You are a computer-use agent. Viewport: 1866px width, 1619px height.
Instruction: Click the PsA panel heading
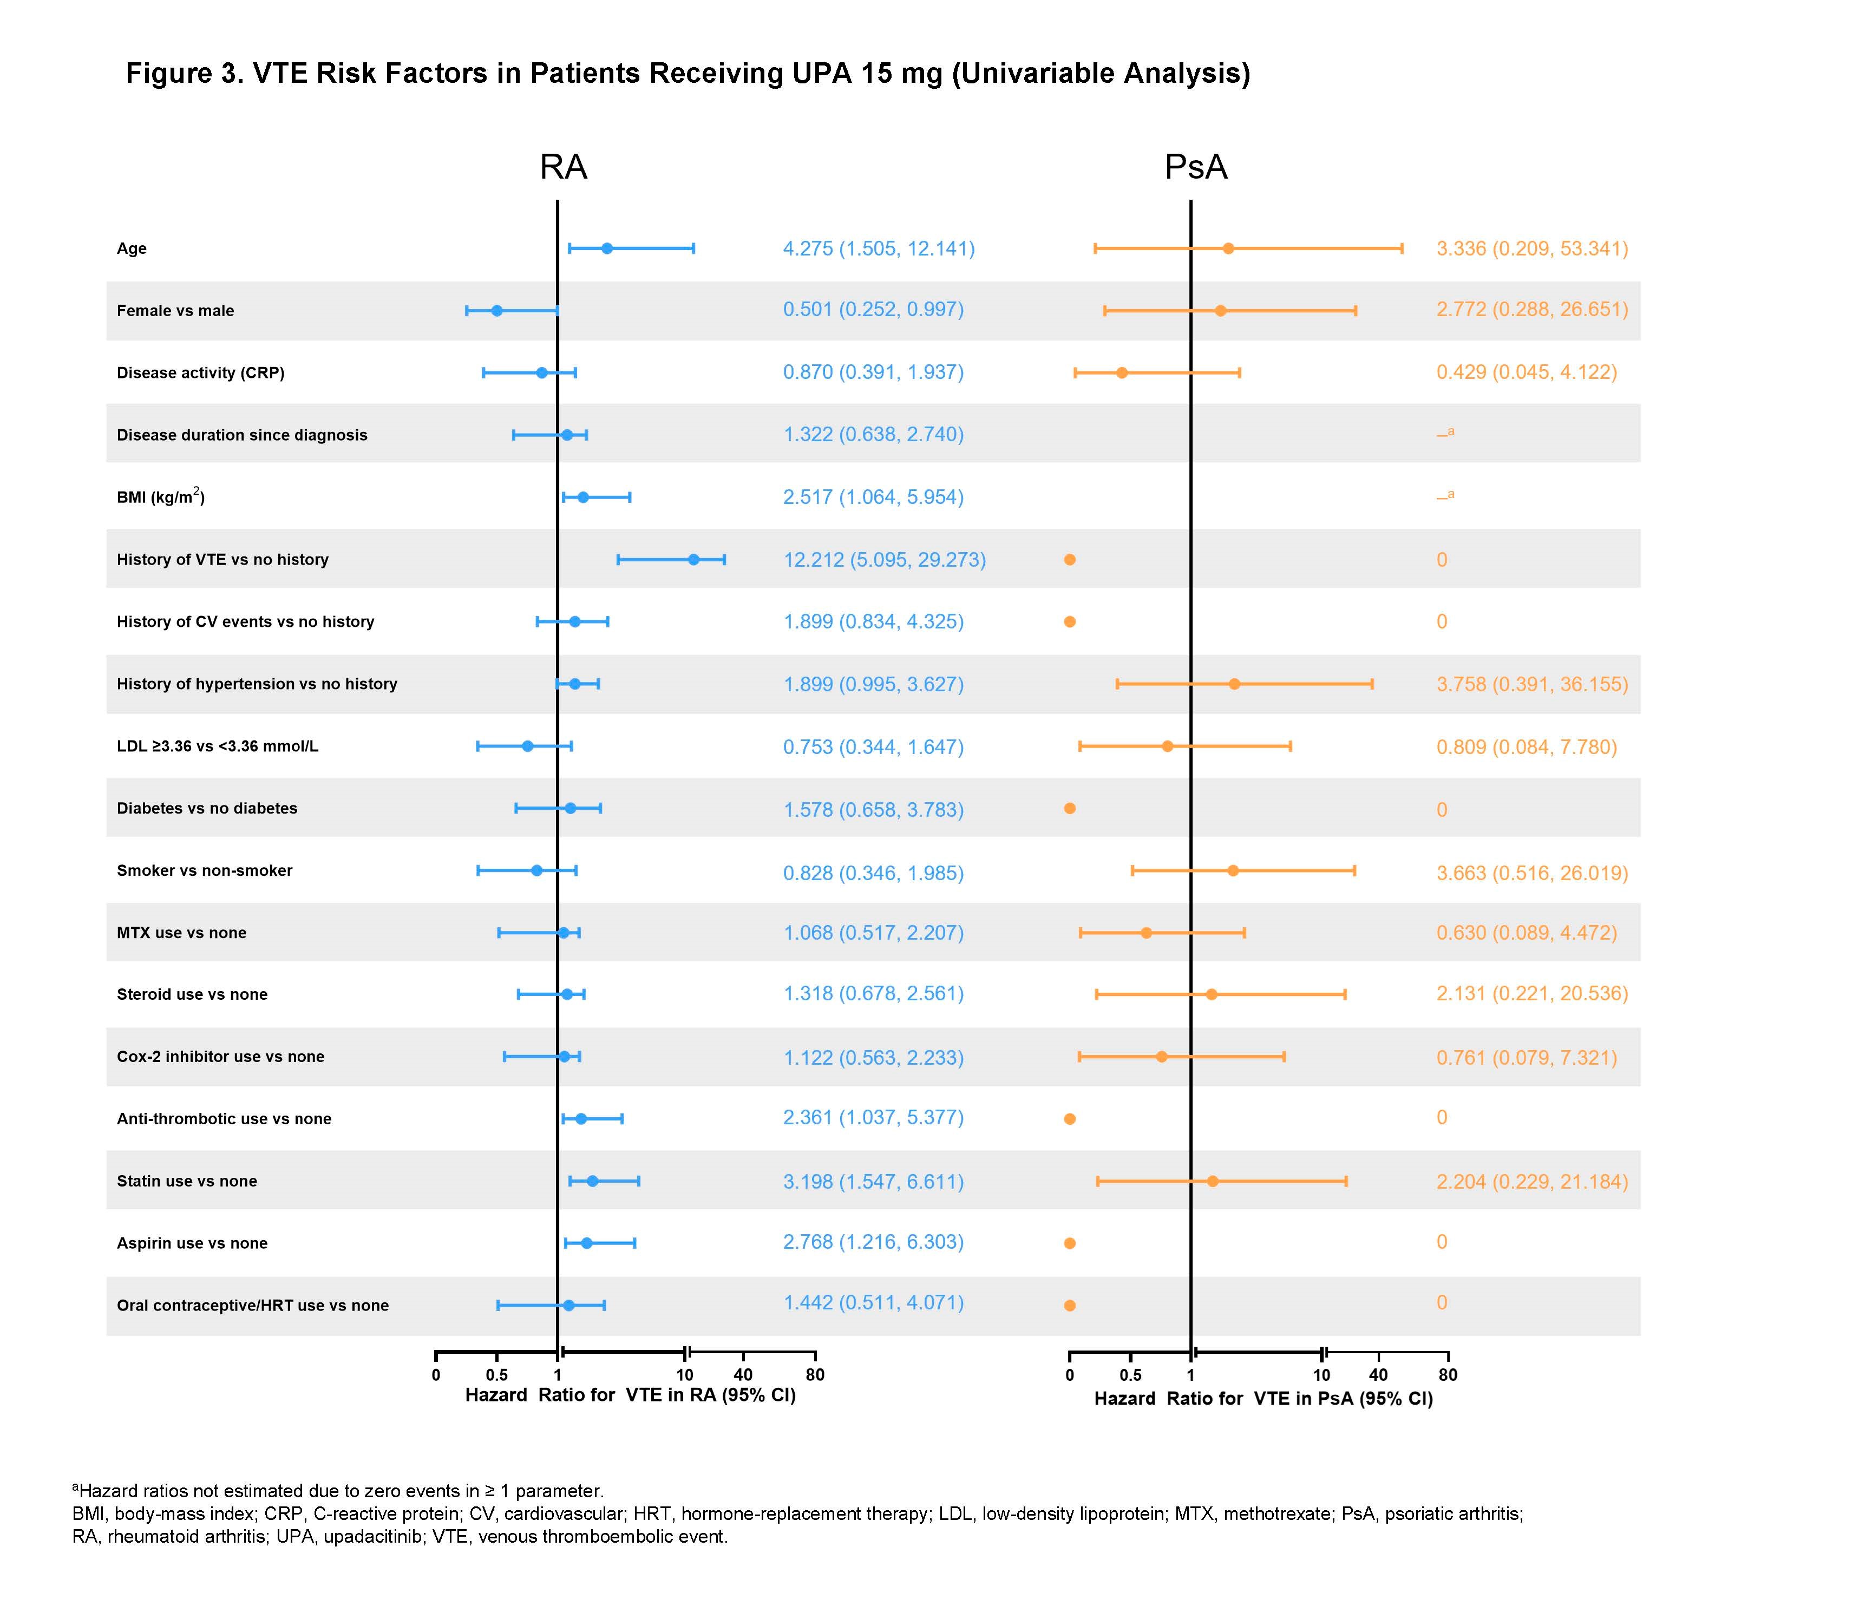1195,167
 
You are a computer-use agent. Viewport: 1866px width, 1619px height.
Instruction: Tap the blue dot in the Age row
607,248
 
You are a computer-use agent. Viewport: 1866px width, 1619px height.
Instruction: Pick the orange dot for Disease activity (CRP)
1122,372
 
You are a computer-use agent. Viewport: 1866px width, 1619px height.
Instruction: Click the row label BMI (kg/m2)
160,497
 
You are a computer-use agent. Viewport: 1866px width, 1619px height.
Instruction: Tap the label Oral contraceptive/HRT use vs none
252,1306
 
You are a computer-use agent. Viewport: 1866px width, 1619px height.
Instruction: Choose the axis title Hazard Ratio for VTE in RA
630,1396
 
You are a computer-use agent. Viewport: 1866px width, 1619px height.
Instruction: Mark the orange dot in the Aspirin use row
1070,1243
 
